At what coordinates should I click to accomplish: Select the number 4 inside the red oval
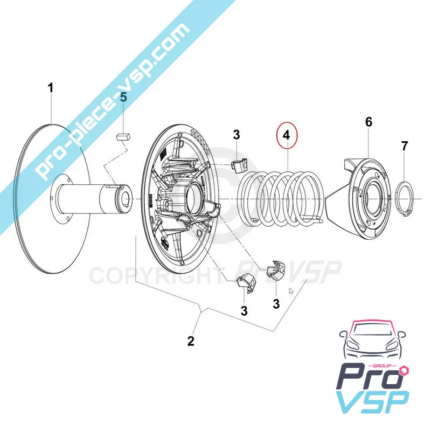(287, 136)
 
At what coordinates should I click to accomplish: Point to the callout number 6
(369, 122)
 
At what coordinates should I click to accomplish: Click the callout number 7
(404, 145)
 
